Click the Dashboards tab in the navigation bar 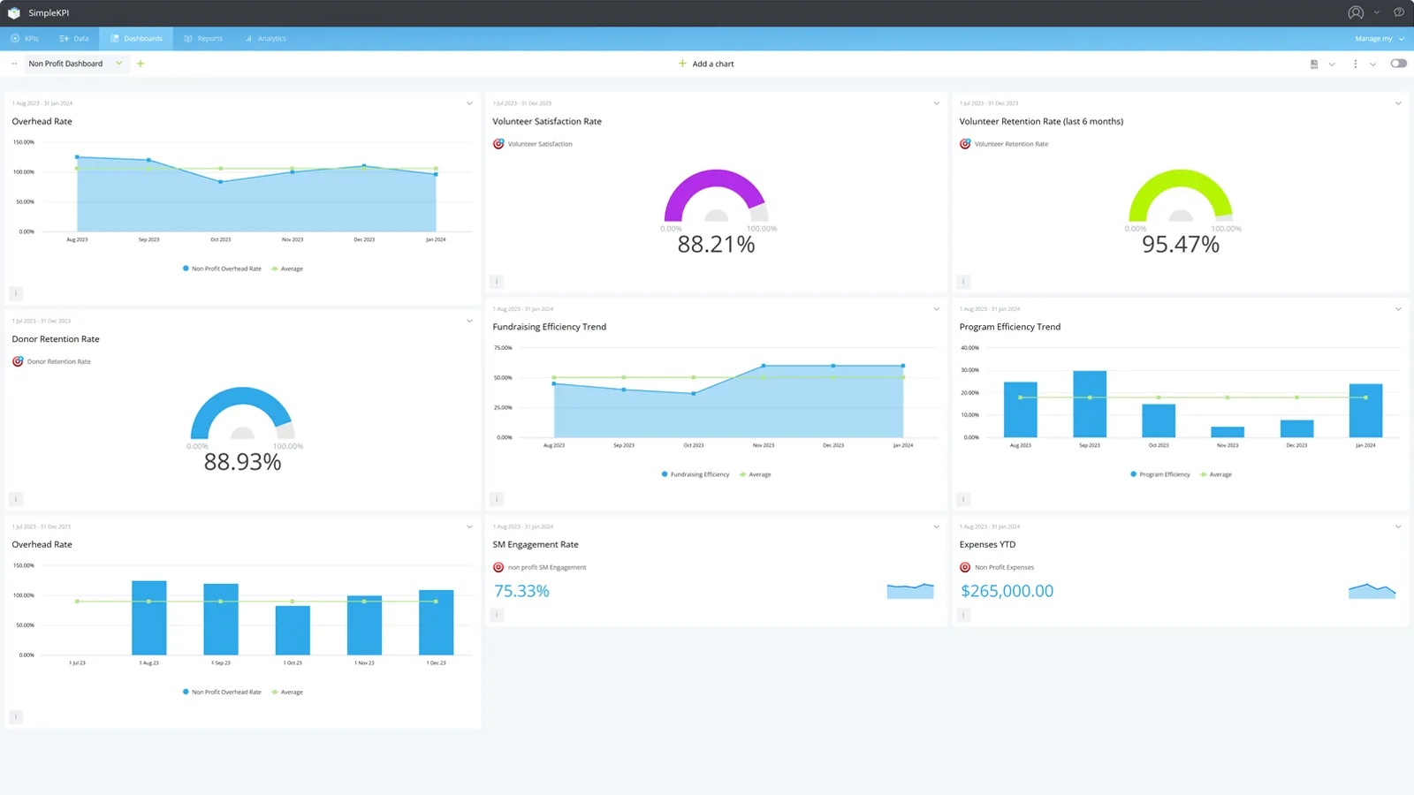[x=137, y=39]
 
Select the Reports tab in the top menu [x=204, y=39]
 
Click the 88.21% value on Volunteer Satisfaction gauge [x=716, y=245]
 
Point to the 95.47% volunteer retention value [x=1180, y=245]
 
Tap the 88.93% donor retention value [x=242, y=462]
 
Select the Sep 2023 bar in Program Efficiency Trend [x=1089, y=405]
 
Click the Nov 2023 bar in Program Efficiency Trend [x=1227, y=432]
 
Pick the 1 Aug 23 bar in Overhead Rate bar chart [x=148, y=618]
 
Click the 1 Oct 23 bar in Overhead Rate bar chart [x=293, y=630]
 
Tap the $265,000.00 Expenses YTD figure [x=1007, y=591]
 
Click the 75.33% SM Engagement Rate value [x=521, y=591]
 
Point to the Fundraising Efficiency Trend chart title [x=549, y=327]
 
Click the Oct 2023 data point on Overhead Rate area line [x=220, y=182]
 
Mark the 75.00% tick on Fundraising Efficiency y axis [x=503, y=348]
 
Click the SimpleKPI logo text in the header [x=49, y=13]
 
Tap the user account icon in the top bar [x=1355, y=12]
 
